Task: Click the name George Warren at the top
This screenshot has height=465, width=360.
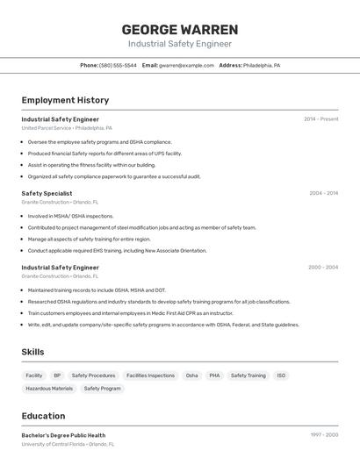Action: (x=180, y=30)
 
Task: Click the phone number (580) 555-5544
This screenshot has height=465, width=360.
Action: (x=118, y=65)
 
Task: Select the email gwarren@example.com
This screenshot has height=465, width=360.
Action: (x=186, y=65)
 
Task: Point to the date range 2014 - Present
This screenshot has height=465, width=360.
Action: (x=320, y=118)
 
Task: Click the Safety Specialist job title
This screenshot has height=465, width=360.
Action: (x=47, y=193)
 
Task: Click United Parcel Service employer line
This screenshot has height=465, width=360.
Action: (x=67, y=128)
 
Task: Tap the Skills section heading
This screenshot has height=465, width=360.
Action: (x=33, y=352)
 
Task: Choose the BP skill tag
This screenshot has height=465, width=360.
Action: (x=57, y=376)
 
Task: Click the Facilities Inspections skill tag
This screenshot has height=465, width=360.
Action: (x=150, y=376)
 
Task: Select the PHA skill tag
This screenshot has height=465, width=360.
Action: (x=214, y=376)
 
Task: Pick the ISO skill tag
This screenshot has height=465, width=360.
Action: (x=281, y=376)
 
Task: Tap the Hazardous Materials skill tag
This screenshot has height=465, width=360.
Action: (x=49, y=388)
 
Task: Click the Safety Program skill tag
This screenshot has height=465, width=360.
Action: (x=102, y=388)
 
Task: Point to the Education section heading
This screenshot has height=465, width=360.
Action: (x=43, y=416)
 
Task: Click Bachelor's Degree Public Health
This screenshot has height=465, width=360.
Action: (x=63, y=435)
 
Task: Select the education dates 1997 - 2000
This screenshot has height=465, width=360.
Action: (x=323, y=435)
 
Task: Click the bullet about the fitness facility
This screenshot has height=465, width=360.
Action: (x=91, y=164)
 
